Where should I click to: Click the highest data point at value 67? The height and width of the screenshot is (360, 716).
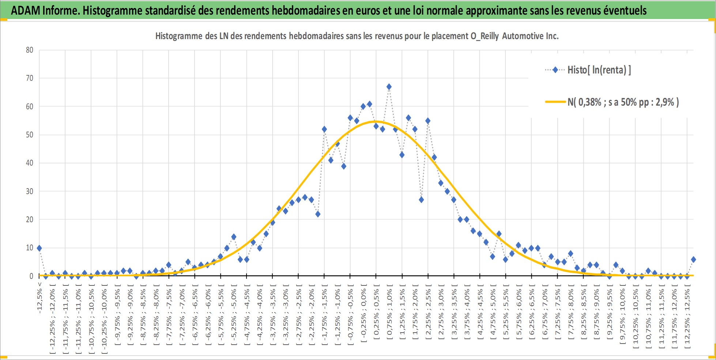pyautogui.click(x=389, y=87)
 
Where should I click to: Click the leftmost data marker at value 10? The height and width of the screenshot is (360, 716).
pyautogui.click(x=39, y=248)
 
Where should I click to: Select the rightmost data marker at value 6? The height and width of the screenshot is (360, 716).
pyautogui.click(x=693, y=259)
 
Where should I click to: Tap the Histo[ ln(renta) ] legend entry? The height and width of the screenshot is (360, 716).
pyautogui.click(x=588, y=70)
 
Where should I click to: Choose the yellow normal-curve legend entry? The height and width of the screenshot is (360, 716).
pyautogui.click(x=612, y=102)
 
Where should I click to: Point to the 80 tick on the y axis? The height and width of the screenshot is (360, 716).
pyautogui.click(x=30, y=50)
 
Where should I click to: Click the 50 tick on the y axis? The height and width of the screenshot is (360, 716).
pyautogui.click(x=30, y=135)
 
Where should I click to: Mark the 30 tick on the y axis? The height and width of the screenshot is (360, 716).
pyautogui.click(x=30, y=191)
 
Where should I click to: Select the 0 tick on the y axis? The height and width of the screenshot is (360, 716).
pyautogui.click(x=31, y=276)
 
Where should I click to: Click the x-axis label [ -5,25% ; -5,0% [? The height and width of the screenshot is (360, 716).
pyautogui.click(x=234, y=314)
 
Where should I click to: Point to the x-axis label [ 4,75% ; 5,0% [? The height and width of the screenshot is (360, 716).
pyautogui.click(x=493, y=314)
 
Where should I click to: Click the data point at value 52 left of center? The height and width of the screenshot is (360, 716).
pyautogui.click(x=324, y=129)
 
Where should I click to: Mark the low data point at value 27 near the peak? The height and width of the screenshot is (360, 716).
pyautogui.click(x=421, y=200)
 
